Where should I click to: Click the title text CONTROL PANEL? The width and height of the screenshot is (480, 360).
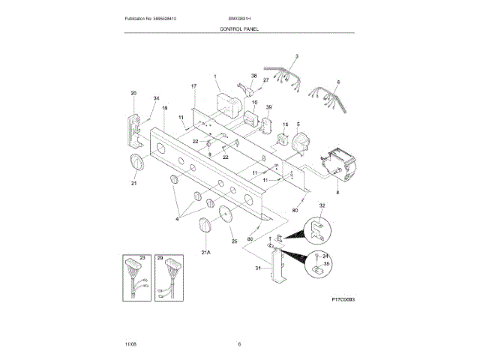point(239,28)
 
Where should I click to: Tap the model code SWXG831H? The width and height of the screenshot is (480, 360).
point(239,17)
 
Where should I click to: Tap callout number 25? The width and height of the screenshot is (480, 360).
point(234,241)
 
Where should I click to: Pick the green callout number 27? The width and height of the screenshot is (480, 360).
point(265,79)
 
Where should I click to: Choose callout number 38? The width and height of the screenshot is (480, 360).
point(253,76)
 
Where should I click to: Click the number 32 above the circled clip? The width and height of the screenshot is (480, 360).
point(322,205)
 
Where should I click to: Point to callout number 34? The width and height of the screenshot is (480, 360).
point(156,99)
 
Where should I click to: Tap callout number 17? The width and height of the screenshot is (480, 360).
point(193,87)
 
